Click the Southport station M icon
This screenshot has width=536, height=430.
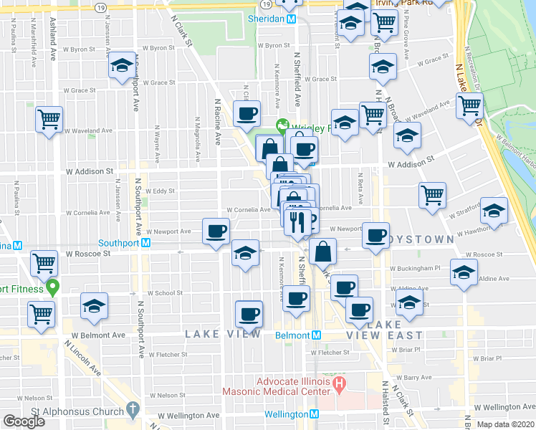pos(145,242)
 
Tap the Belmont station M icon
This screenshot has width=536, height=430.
pos(315,335)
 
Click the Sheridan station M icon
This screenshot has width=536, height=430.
pos(291,19)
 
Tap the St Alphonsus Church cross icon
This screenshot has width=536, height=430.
pos(132,410)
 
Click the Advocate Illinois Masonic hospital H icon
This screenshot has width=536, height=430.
pos(340,386)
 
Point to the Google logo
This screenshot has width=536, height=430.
pos(23,421)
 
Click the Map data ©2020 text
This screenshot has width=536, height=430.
pos(506,424)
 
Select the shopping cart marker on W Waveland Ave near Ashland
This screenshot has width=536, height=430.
pos(49,119)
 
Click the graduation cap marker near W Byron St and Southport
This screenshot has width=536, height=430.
pos(121,67)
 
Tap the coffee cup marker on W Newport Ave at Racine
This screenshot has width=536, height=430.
pos(216,230)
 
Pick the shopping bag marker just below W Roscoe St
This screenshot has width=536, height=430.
pos(324,251)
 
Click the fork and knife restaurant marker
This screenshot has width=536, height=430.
pos(297,221)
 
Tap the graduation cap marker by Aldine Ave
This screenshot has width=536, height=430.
pos(464,272)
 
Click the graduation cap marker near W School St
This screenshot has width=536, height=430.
pos(94,306)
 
